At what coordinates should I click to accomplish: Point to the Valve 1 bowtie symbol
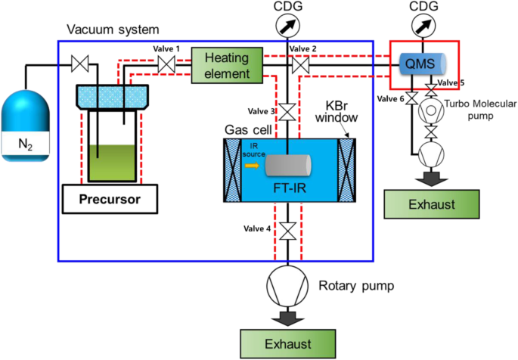coord(166,67)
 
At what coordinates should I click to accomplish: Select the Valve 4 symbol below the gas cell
coord(287,230)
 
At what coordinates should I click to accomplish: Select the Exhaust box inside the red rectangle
coord(432,205)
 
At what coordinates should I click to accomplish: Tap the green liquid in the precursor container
coord(109,162)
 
